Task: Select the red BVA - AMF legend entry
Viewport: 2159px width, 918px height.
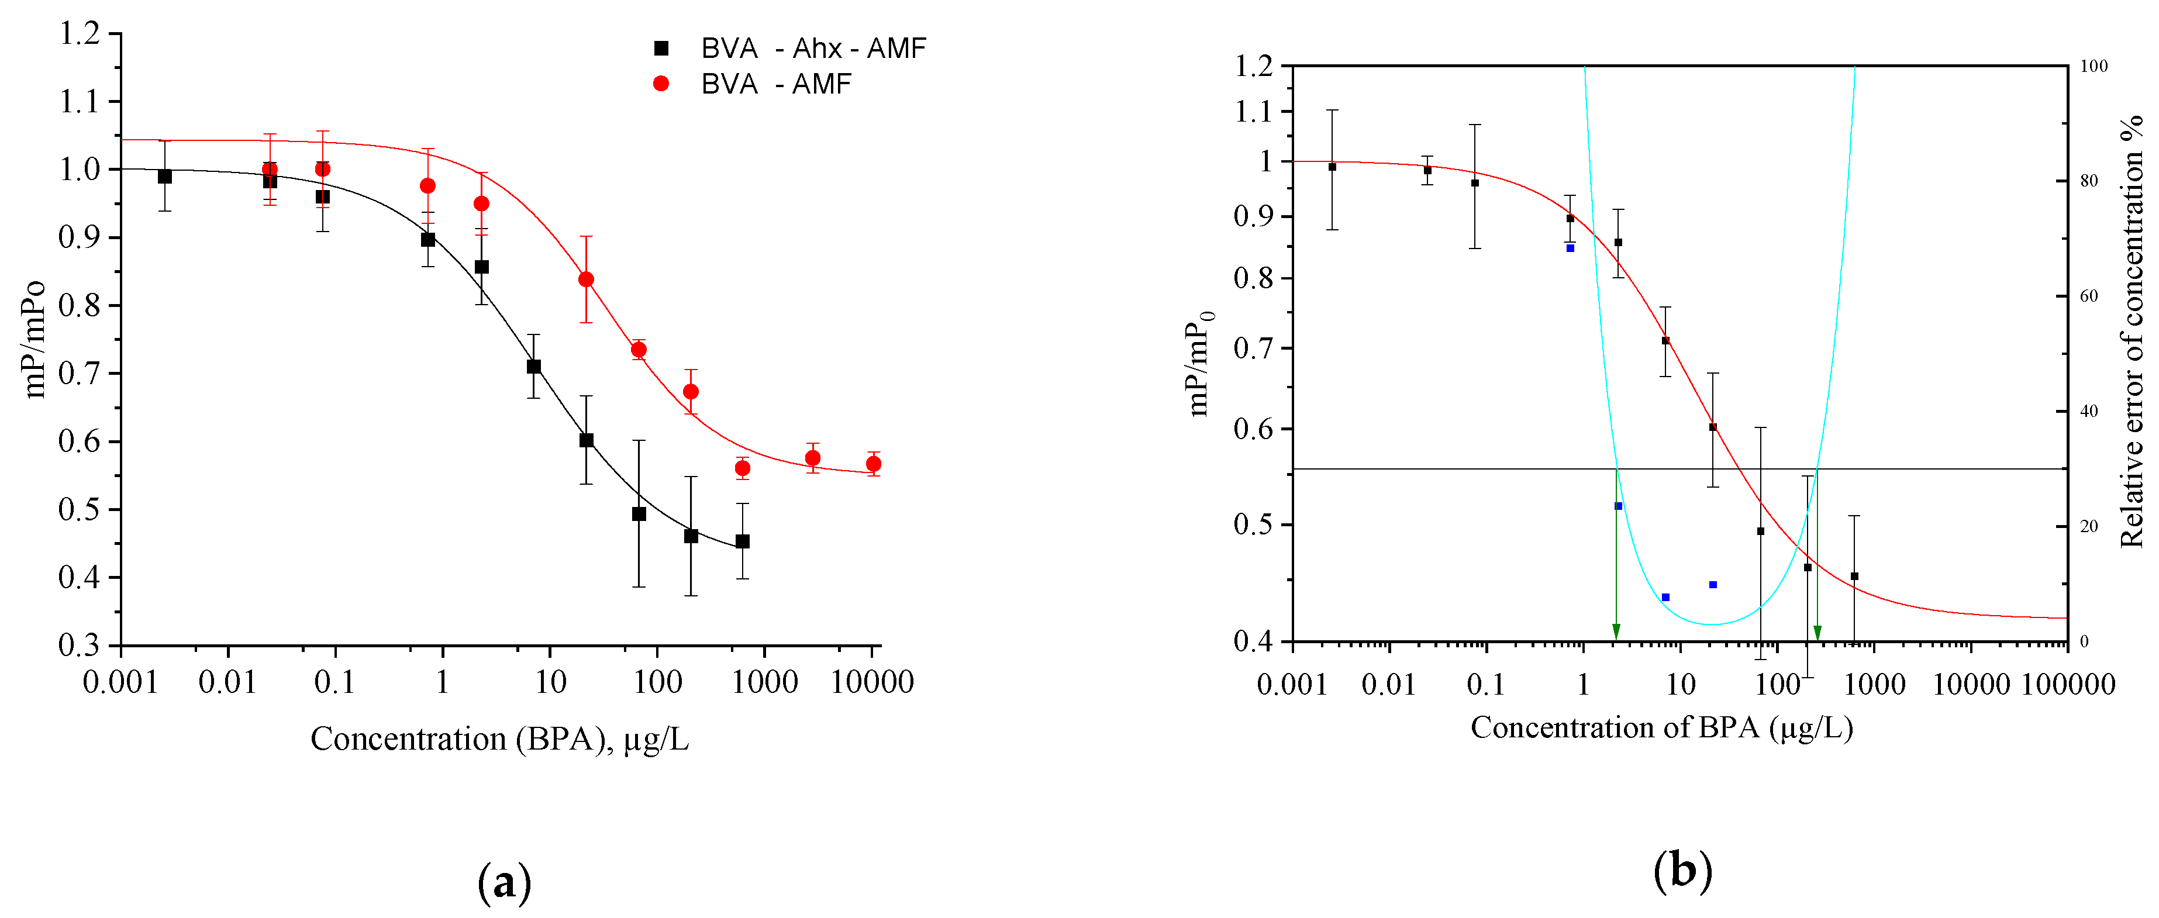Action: (x=754, y=84)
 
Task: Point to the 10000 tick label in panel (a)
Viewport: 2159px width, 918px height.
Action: (x=872, y=682)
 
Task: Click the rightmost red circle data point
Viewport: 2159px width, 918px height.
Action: (x=873, y=464)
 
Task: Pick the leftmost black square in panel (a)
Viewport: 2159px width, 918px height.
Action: (x=164, y=176)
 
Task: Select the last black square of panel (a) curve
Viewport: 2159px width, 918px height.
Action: (x=743, y=541)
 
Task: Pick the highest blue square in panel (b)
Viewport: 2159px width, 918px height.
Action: (x=1570, y=248)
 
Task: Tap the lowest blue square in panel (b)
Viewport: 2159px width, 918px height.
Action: (x=1665, y=598)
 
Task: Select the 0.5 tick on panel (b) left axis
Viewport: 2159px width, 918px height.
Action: (x=1253, y=525)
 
